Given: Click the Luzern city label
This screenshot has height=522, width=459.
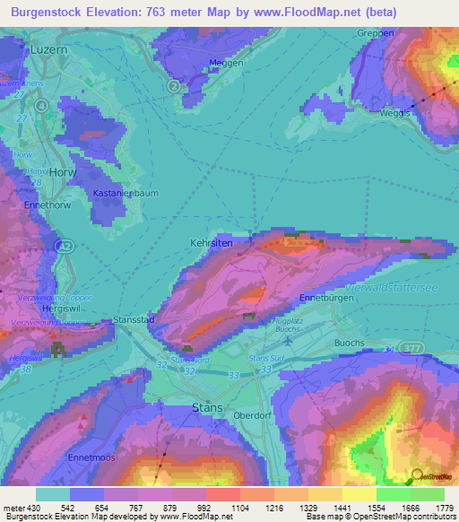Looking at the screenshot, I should tap(48, 51).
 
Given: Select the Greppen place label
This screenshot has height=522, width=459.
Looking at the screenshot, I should tap(375, 33).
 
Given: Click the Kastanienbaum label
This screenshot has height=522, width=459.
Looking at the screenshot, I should tap(120, 193).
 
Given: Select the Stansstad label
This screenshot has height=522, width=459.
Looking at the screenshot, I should tap(134, 319).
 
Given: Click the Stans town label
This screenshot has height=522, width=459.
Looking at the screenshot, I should tap(207, 407).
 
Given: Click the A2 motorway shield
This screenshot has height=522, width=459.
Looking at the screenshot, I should tap(62, 245).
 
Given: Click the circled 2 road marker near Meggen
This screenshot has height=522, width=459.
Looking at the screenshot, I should tap(173, 85).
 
